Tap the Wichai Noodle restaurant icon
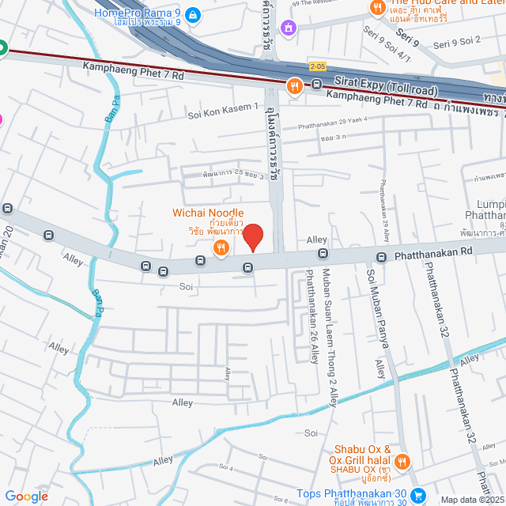(x=221, y=248)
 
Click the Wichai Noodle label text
(x=209, y=213)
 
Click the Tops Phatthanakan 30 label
(x=352, y=494)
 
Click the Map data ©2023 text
(x=471, y=500)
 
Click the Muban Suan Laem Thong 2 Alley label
(x=330, y=338)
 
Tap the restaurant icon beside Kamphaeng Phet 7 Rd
(x=295, y=86)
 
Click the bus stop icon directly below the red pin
(x=248, y=267)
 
